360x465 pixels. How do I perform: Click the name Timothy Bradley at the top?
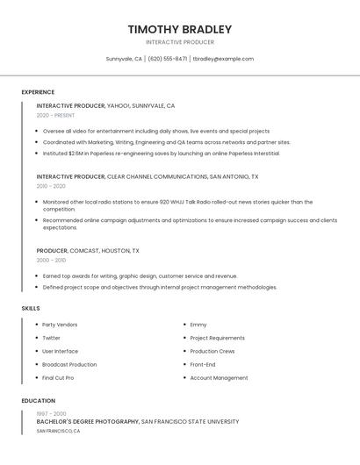point(179,29)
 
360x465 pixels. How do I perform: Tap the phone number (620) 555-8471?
point(167,59)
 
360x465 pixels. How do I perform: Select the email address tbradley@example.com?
point(223,59)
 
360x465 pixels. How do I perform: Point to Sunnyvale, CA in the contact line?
point(124,59)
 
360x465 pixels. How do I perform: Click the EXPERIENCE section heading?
point(38,92)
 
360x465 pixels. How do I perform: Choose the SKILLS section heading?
point(31,309)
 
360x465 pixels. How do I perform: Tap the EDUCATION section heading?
point(39,401)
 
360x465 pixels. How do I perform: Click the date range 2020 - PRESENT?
point(55,115)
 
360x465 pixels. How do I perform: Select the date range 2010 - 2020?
point(51,186)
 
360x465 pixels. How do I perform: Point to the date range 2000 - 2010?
point(51,260)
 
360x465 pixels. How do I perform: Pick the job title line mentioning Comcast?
point(88,250)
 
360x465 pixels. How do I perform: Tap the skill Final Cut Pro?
point(58,378)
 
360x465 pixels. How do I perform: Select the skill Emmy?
point(198,325)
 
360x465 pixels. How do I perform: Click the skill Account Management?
point(219,378)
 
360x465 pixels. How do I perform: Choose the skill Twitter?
point(51,338)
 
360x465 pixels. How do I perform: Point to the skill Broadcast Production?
point(69,365)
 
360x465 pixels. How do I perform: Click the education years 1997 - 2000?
point(51,413)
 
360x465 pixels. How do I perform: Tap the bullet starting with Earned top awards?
point(140,275)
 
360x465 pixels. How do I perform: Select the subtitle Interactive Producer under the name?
point(179,42)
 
